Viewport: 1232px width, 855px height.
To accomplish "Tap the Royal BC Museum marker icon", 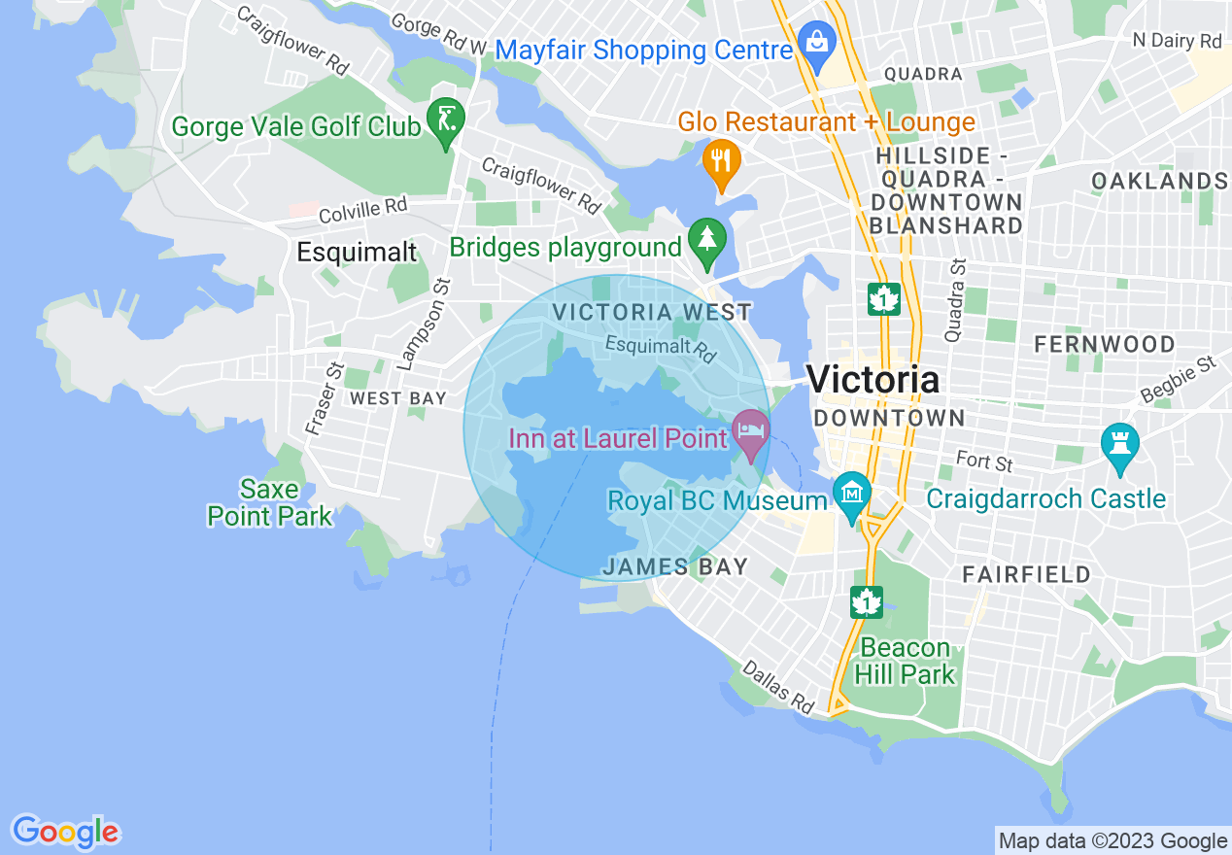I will (x=852, y=495).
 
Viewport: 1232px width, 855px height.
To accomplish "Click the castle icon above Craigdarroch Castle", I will (x=1120, y=444).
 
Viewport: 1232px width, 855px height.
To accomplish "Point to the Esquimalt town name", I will (x=357, y=253).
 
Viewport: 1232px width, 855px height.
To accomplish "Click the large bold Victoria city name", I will (x=873, y=379).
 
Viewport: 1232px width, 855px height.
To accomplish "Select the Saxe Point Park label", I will (x=270, y=502).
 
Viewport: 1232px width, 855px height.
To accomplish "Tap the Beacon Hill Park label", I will (x=907, y=661).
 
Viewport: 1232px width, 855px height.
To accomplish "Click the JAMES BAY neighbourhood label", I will (x=675, y=567).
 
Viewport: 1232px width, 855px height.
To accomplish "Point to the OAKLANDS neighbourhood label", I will (x=1158, y=181).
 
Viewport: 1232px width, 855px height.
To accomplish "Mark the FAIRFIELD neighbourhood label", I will (x=1027, y=574).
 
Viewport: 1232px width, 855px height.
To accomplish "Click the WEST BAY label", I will (x=398, y=398).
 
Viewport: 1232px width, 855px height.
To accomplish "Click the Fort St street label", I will (x=984, y=461).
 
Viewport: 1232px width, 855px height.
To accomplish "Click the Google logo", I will (x=66, y=832).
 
